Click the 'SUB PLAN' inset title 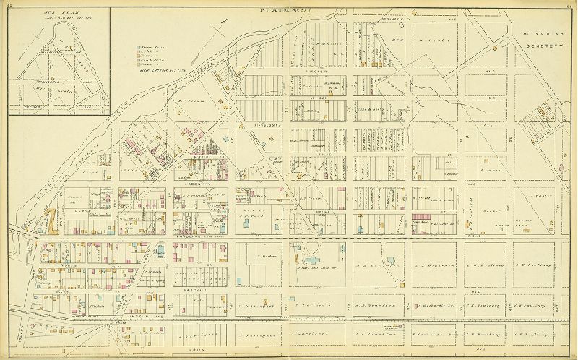pyautogui.click(x=32, y=12)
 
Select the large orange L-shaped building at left pyautogui.click(x=53, y=220)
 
